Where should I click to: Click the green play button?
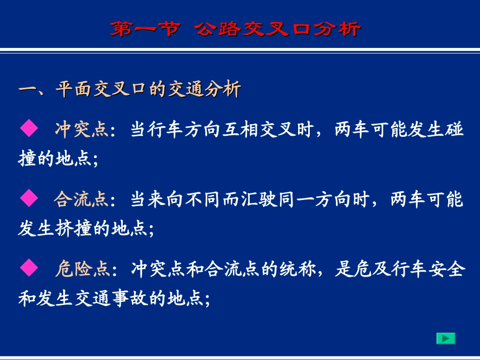click(x=446, y=338)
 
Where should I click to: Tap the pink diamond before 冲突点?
click(x=28, y=129)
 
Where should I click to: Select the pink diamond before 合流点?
click(x=28, y=198)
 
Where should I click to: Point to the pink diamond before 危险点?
click(x=28, y=268)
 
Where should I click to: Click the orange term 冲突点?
click(x=81, y=130)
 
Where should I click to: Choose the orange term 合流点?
click(x=81, y=199)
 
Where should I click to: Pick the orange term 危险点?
click(x=81, y=269)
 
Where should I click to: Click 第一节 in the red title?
click(x=145, y=29)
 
